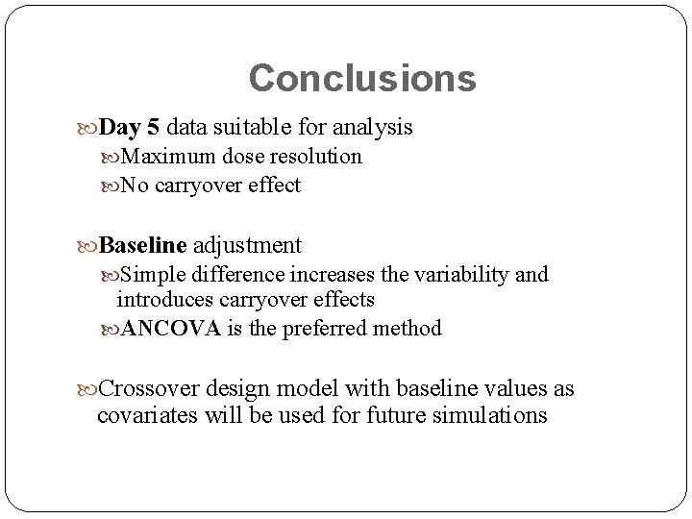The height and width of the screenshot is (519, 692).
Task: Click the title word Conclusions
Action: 361,78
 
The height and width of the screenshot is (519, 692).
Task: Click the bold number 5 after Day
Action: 154,127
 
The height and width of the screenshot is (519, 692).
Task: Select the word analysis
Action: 374,127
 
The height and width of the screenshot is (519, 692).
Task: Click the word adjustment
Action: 248,245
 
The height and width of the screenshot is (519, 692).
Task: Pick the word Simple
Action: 152,275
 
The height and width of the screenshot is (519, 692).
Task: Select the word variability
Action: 462,275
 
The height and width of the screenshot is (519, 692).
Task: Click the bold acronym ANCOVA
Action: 171,329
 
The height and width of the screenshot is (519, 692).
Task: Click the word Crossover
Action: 149,389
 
